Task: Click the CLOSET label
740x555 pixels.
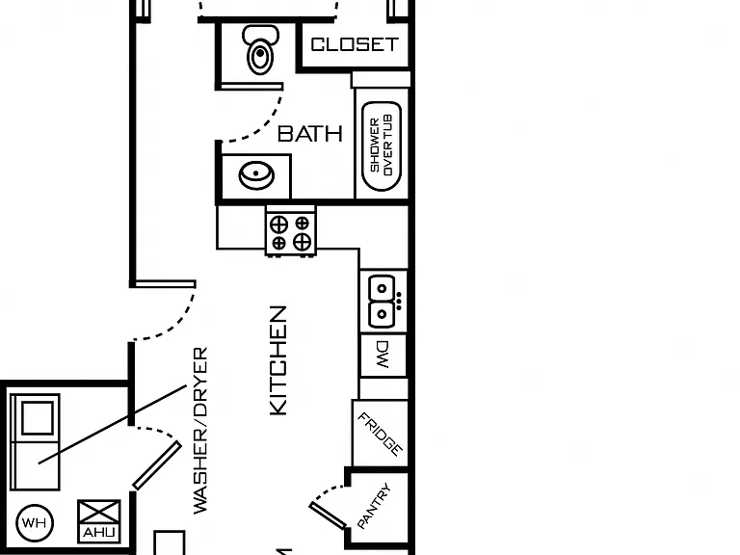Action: pyautogui.click(x=355, y=45)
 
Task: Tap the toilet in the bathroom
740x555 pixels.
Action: pyautogui.click(x=260, y=49)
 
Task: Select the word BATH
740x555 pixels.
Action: pyautogui.click(x=310, y=134)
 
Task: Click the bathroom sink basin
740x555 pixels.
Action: pyautogui.click(x=256, y=175)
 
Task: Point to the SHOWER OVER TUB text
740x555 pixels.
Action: pyautogui.click(x=382, y=145)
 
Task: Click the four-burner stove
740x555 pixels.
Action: pyautogui.click(x=290, y=232)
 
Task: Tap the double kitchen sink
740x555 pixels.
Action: pyautogui.click(x=382, y=301)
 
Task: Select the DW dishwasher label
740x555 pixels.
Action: pyautogui.click(x=383, y=355)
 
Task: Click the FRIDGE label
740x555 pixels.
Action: pyautogui.click(x=381, y=435)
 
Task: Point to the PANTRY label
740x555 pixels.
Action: pyautogui.click(x=374, y=506)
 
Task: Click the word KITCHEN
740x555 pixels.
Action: pyautogui.click(x=277, y=361)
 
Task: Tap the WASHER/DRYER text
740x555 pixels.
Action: pyautogui.click(x=200, y=431)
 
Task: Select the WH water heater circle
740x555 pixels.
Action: pyautogui.click(x=35, y=523)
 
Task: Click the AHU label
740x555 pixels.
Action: pyautogui.click(x=98, y=533)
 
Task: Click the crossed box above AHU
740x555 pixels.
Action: pyautogui.click(x=98, y=512)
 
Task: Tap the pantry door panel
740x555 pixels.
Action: pyautogui.click(x=328, y=515)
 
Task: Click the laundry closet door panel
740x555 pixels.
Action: pyautogui.click(x=157, y=465)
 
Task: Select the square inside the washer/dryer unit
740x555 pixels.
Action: pyautogui.click(x=38, y=418)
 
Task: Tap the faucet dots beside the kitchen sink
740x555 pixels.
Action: pyautogui.click(x=399, y=301)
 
